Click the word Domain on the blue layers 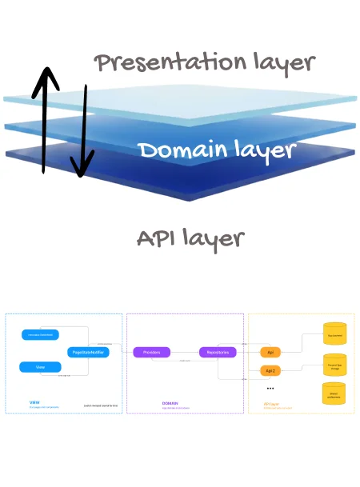(181, 149)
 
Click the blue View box (39, 367)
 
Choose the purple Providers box (152, 352)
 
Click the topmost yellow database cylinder (334, 333)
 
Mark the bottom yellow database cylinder (334, 393)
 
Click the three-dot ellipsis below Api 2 (270, 389)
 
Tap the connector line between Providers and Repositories (185, 353)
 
